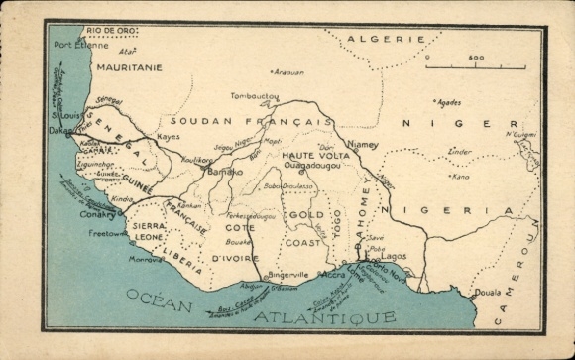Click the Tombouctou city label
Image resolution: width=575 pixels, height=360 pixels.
[253, 97]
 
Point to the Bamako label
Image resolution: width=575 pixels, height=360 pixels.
[226, 172]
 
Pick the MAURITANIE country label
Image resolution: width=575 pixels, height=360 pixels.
[129, 67]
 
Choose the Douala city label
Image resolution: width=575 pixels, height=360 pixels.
[488, 294]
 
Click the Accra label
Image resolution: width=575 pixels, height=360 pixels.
[334, 274]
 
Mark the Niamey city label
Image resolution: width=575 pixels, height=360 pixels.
[363, 145]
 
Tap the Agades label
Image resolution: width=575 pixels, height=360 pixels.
[449, 101]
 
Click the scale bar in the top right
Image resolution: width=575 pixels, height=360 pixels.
[476, 66]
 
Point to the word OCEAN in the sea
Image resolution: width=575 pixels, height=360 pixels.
[159, 300]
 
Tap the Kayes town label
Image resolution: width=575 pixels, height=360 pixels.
[169, 136]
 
